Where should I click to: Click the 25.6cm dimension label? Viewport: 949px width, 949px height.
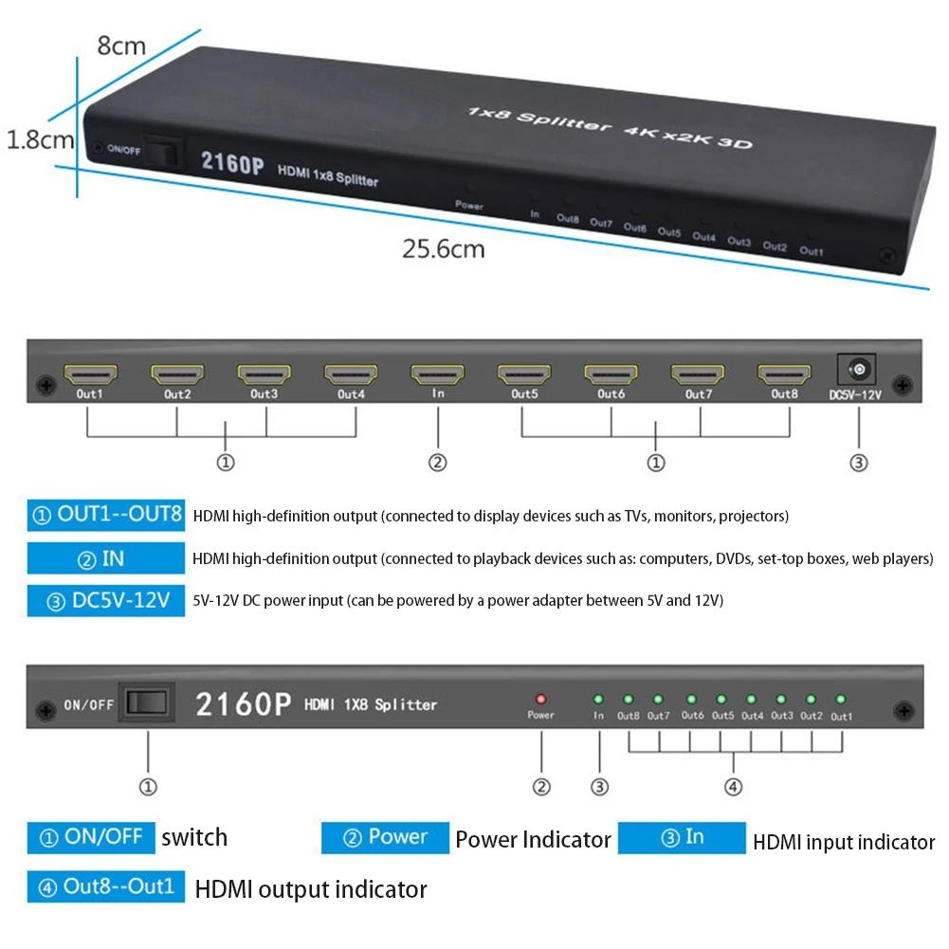444,248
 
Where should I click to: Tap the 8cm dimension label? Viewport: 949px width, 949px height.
121,45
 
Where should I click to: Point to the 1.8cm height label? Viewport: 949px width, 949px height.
40,140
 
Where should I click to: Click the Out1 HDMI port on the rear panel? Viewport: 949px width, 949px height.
91,373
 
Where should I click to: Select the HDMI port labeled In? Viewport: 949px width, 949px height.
437,373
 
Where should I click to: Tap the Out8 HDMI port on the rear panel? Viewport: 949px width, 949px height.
784,373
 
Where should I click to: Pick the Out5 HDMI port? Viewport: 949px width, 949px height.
524,373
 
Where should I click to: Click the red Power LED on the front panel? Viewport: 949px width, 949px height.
541,699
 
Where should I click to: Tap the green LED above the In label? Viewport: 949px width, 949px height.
598,699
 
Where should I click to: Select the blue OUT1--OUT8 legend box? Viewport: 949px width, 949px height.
105,515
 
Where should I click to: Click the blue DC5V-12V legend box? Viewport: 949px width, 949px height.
105,601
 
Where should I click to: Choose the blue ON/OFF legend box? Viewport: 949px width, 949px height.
91,836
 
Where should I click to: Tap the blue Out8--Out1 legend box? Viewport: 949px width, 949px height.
105,887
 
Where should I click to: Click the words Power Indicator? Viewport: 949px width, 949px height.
533,839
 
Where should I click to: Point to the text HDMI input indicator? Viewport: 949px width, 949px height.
844,842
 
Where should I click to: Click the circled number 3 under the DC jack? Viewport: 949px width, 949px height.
858,463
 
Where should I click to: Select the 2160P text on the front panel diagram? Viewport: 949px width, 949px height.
243,704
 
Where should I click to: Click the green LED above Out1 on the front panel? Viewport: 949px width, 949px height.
841,699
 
